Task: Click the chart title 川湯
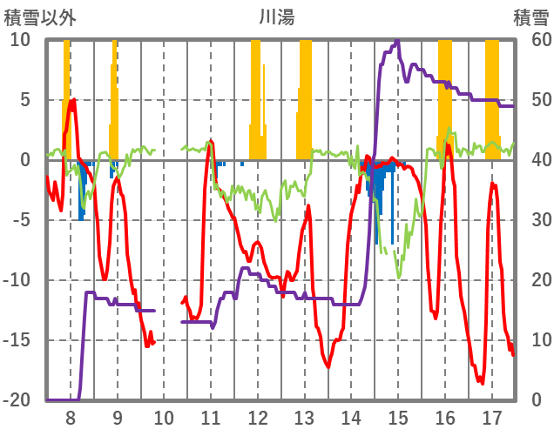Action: pos(277,17)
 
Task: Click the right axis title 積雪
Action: pos(530,17)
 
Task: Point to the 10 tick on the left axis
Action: pos(20,40)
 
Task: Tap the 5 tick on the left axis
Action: pos(24,100)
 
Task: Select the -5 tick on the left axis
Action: pos(20,220)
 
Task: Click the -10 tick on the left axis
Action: pos(17,280)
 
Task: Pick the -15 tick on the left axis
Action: pos(17,340)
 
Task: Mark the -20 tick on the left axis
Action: pos(17,400)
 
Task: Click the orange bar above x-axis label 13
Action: pos(305,96)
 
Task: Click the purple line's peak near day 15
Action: pos(397,42)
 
